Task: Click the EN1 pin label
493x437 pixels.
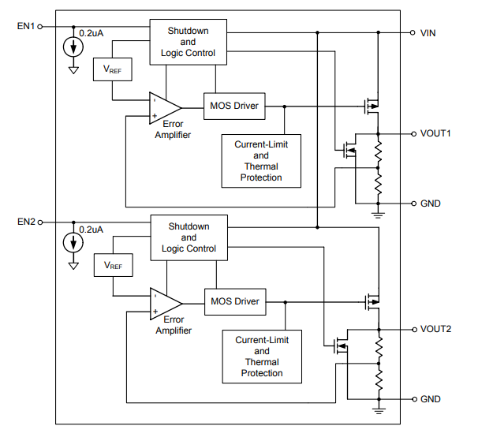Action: point(26,26)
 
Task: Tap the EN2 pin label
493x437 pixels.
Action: point(26,222)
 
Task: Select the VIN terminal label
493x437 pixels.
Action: point(428,33)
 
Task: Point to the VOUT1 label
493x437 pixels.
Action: point(435,133)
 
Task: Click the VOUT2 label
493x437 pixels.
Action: point(435,329)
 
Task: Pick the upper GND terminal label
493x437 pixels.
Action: point(431,204)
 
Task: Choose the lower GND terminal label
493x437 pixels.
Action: point(431,399)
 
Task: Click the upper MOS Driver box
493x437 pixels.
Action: point(234,106)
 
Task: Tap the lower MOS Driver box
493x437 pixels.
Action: point(235,302)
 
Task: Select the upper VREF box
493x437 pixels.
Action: point(113,69)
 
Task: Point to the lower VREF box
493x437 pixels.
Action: point(113,265)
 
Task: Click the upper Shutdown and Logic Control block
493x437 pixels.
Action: point(188,42)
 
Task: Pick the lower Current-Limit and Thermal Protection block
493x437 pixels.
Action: point(262,357)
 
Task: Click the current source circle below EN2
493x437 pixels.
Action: point(73,243)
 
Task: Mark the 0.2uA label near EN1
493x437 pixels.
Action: point(92,33)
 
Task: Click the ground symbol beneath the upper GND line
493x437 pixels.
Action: point(378,215)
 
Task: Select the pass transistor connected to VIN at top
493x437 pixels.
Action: point(372,106)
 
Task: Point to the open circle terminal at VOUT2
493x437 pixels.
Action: point(414,330)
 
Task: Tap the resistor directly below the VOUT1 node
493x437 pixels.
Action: point(378,151)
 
